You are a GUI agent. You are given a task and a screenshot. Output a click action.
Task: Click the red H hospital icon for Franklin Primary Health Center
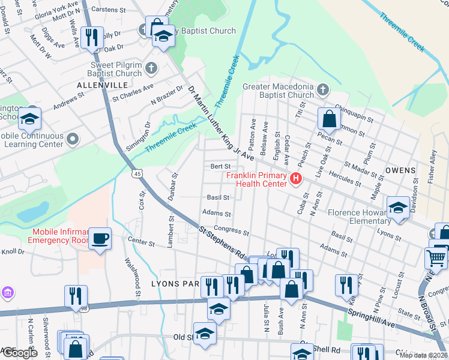pos(295,179)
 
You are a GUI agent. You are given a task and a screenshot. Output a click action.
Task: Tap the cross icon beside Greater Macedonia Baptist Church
pos(323,91)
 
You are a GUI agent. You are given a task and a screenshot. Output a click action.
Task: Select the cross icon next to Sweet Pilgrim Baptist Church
pos(151,68)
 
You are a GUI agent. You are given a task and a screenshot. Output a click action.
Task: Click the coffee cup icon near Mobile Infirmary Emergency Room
pos(100,239)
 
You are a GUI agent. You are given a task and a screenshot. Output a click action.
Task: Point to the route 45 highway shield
pos(137,173)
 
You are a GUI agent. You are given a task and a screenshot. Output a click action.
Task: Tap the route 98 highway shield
pos(82,308)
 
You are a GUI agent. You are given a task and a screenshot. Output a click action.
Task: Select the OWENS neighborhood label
pos(400,170)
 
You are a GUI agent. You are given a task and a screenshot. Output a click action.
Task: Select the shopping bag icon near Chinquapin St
pos(329,119)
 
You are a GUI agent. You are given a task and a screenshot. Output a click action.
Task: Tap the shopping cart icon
pos(436,258)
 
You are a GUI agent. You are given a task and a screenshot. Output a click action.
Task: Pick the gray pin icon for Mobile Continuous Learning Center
pos(73,140)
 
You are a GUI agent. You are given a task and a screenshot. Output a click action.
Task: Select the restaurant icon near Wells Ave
pos(92,37)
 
